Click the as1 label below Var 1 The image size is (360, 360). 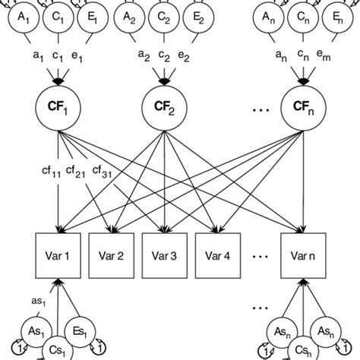(x=39, y=302)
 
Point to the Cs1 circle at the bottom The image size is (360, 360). (x=58, y=347)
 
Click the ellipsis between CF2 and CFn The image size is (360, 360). (x=257, y=111)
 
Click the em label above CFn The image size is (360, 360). (x=334, y=55)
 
